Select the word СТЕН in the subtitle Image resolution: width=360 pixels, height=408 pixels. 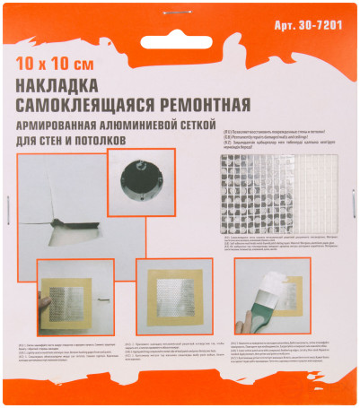(53, 141)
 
